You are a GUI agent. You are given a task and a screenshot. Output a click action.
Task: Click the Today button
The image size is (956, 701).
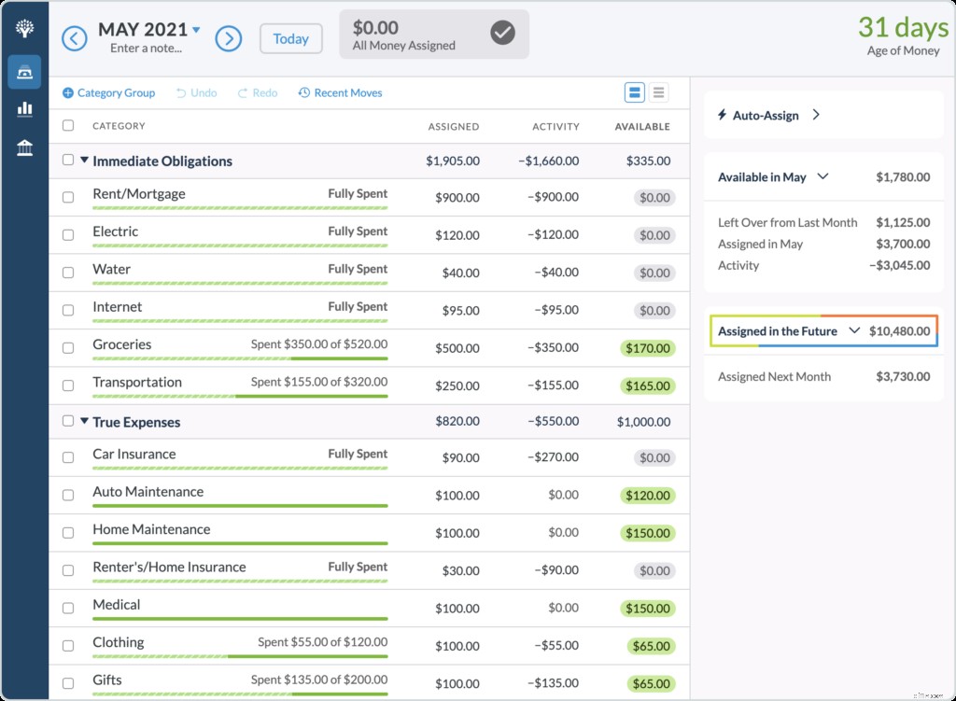[290, 39]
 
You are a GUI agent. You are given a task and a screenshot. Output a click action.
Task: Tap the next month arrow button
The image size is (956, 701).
[229, 38]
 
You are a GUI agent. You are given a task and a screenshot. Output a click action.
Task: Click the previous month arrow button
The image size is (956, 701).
[74, 38]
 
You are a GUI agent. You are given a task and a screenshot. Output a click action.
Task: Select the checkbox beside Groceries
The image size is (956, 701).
[68, 347]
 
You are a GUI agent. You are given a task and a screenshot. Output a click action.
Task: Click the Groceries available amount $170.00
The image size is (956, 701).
[649, 348]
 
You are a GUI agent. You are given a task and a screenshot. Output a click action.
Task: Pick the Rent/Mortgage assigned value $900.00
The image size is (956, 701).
[457, 197]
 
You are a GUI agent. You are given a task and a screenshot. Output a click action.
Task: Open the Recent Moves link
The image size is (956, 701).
[341, 93]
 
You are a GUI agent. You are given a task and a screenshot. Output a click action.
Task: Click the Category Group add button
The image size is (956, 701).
[108, 93]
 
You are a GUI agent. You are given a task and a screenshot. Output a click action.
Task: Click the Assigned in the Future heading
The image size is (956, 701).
[778, 331]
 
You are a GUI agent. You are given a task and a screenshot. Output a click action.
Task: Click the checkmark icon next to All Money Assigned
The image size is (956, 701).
[502, 34]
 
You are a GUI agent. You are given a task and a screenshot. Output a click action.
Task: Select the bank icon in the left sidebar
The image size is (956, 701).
[25, 147]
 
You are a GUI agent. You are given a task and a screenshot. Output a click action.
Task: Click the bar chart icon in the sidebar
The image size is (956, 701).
[25, 109]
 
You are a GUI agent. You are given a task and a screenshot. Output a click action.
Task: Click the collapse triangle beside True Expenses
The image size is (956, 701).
[84, 422]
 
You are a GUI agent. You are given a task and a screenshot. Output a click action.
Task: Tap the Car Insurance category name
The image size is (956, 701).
[134, 455]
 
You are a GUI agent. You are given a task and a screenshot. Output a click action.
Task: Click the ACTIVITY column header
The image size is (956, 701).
[555, 126]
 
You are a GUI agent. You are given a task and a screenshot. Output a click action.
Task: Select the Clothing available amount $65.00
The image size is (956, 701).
[649, 645]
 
